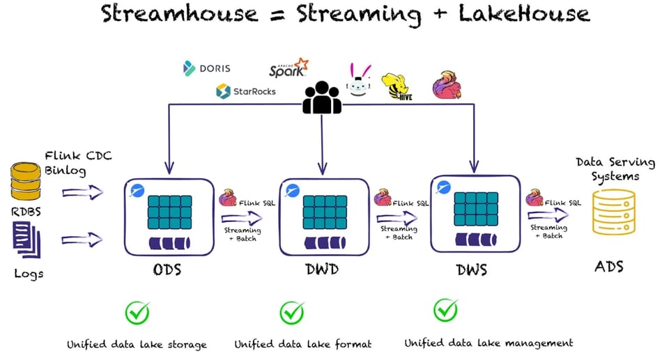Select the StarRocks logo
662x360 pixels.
pos(245,91)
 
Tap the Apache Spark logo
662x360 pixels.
pos(288,68)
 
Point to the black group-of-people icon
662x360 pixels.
pos(322,97)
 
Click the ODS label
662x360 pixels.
pos(167,269)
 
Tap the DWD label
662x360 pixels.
pos(322,269)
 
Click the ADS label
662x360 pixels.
pos(609,267)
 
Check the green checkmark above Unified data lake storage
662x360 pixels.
pos(137,313)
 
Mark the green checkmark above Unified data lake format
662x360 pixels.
pos(292,313)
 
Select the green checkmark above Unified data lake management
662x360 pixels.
pos(445,311)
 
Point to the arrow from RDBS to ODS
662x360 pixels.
pos(82,191)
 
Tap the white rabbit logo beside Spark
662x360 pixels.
pos(359,80)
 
